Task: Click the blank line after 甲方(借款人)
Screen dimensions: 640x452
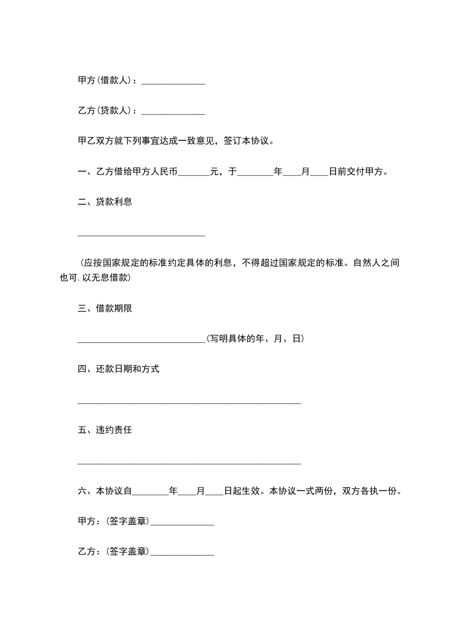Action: (x=173, y=83)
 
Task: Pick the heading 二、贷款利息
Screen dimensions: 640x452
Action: (x=105, y=201)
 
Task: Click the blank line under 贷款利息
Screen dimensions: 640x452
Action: (x=141, y=234)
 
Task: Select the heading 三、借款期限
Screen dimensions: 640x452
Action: (x=105, y=309)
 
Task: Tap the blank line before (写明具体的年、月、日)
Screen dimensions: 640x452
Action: (x=141, y=342)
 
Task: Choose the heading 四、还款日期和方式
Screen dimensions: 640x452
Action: (x=119, y=369)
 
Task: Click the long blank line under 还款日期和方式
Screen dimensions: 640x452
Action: (x=189, y=403)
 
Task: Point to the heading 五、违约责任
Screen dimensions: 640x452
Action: (x=105, y=430)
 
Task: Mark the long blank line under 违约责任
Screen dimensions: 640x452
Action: (x=189, y=463)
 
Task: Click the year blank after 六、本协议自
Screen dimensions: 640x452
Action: (x=150, y=493)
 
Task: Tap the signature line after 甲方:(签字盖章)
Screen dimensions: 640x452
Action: (x=182, y=524)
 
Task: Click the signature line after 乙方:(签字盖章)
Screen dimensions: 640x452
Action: (x=182, y=554)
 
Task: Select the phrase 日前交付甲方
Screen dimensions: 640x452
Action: (x=358, y=171)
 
